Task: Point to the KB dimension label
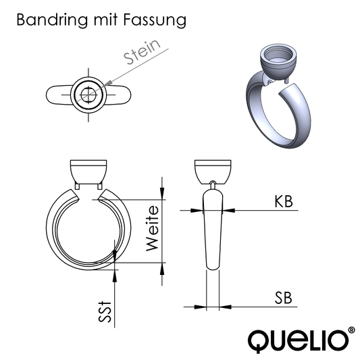283,201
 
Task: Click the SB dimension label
283,298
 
